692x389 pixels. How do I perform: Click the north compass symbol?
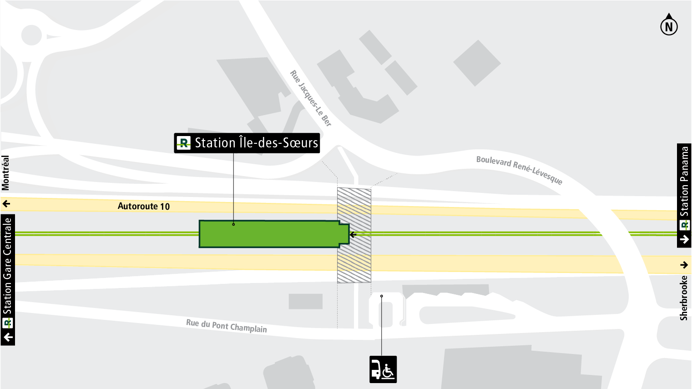(x=669, y=25)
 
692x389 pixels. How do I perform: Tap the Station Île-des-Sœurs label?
(x=247, y=143)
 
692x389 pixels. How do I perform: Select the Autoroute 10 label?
(x=144, y=206)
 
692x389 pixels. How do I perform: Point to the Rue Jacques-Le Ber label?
(x=311, y=98)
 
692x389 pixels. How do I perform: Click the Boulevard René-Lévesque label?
(x=519, y=170)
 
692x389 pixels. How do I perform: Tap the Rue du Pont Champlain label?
(x=227, y=326)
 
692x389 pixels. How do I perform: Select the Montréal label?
(x=5, y=173)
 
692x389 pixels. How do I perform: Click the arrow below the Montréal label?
(x=6, y=204)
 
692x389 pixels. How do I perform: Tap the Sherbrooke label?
(x=683, y=298)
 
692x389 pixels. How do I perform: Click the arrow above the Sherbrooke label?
(x=683, y=265)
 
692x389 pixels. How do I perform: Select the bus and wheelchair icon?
(x=383, y=369)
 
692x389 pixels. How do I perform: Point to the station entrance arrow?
(x=353, y=235)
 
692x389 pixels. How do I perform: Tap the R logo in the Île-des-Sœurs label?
(x=184, y=143)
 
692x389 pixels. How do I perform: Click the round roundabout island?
(x=31, y=35)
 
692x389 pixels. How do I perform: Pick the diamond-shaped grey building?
(x=477, y=63)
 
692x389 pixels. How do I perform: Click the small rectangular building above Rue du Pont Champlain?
(x=306, y=301)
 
